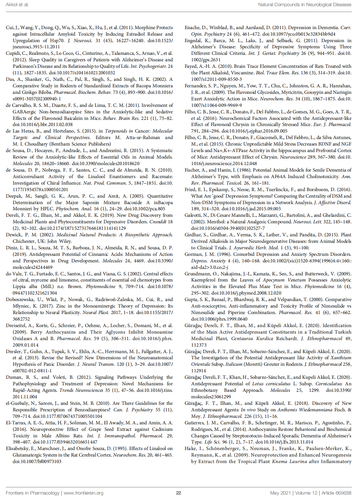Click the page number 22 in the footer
coord(178,493)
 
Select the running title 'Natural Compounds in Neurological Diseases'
coord(305,4)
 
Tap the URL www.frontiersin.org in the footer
coord(83,493)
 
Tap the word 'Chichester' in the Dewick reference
coord(24,241)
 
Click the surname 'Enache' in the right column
coord(193,27)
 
